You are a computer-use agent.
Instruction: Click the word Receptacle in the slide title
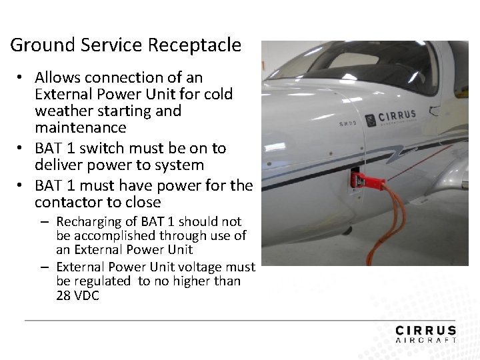click(x=194, y=45)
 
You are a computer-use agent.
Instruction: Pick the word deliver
click(x=59, y=165)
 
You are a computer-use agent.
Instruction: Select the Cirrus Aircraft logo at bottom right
click(x=425, y=334)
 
